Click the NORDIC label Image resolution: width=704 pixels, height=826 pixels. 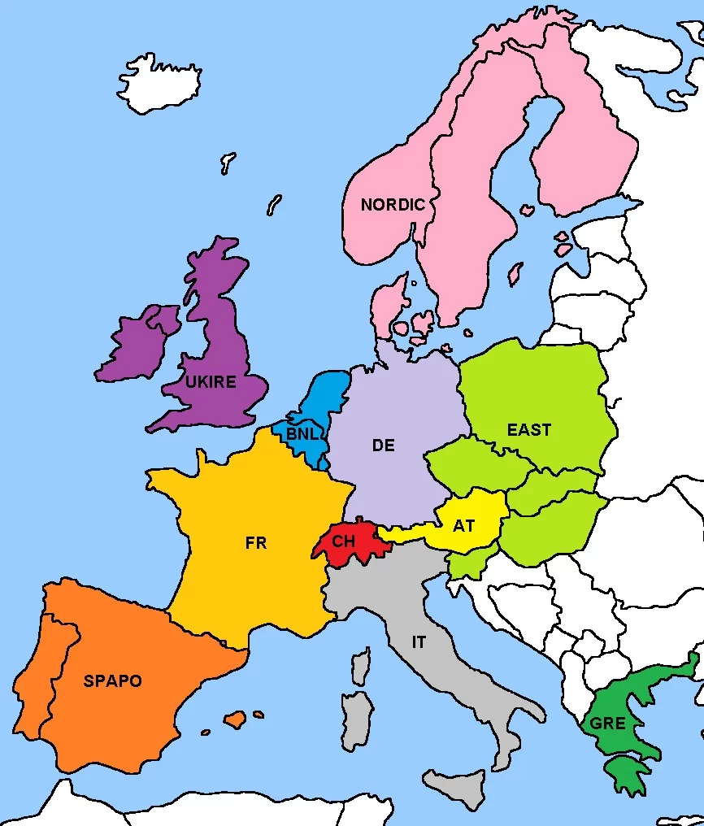tap(393, 205)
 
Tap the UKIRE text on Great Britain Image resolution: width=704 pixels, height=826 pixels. tap(211, 381)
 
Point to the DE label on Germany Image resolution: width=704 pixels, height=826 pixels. tap(383, 446)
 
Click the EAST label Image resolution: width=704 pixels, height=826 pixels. tap(529, 429)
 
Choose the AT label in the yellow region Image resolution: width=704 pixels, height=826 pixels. tap(463, 526)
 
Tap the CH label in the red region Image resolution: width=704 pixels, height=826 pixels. tap(344, 541)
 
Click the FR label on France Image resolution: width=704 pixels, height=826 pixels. tap(256, 543)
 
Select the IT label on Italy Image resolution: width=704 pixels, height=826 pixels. tap(419, 642)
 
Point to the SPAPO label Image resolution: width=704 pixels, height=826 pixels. tap(112, 681)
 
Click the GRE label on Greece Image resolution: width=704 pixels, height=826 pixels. tap(608, 724)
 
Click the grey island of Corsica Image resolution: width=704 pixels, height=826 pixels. tap(361, 663)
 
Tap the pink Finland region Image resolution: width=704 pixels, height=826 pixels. tap(585, 146)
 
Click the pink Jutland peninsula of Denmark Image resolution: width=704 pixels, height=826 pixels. tap(388, 305)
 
